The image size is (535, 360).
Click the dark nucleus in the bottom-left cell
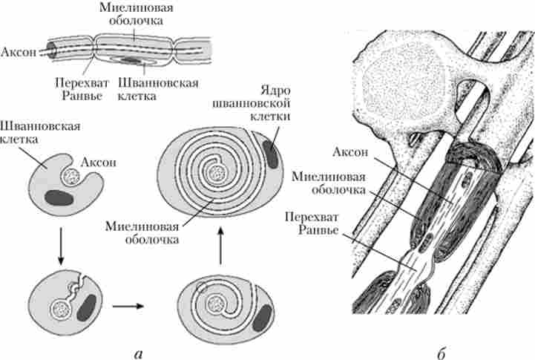(86, 306)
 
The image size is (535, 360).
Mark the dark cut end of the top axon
(53, 48)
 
